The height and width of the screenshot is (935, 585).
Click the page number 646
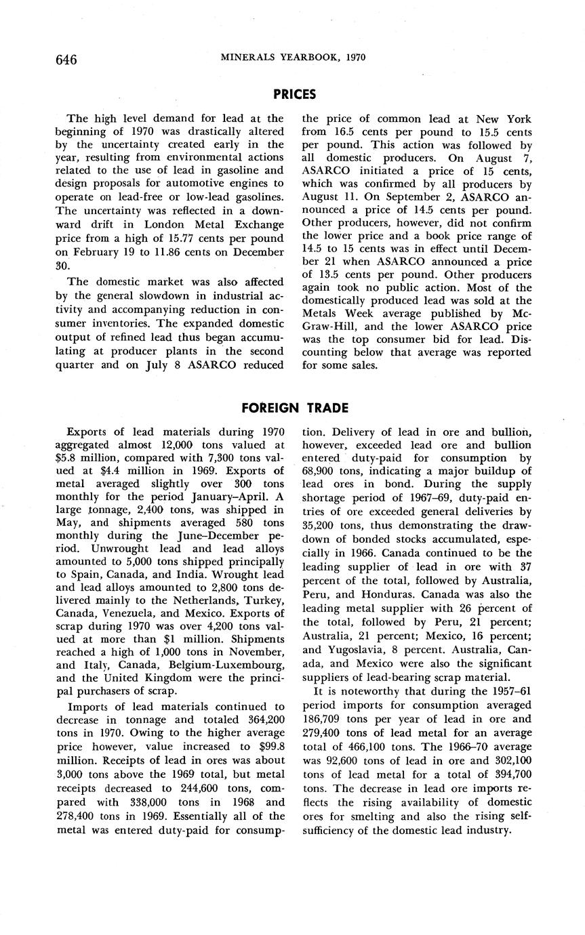click(x=66, y=60)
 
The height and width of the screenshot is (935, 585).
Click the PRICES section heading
click(x=294, y=94)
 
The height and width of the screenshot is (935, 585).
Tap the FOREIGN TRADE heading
click(x=295, y=407)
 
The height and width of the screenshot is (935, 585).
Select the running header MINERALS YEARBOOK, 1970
click(x=294, y=58)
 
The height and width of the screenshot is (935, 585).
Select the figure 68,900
click(x=323, y=470)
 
